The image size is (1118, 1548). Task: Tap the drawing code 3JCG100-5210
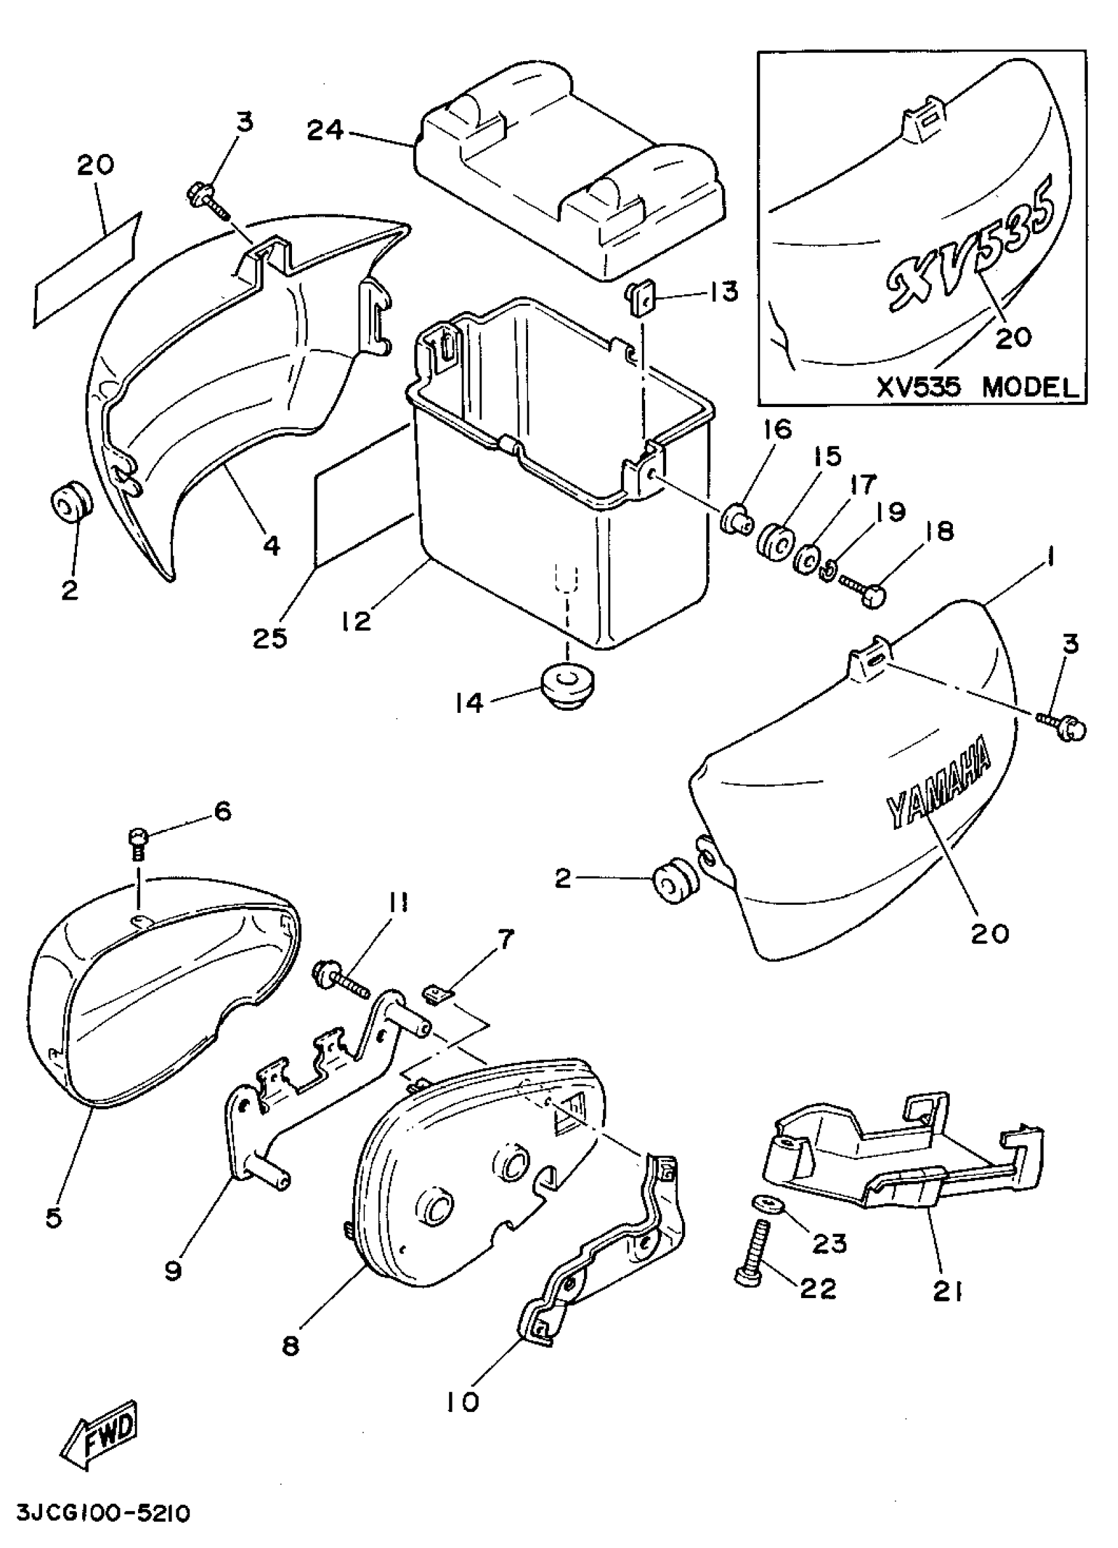102,1514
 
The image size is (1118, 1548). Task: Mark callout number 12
357,619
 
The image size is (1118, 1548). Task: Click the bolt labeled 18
863,589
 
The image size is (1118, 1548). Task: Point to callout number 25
270,637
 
